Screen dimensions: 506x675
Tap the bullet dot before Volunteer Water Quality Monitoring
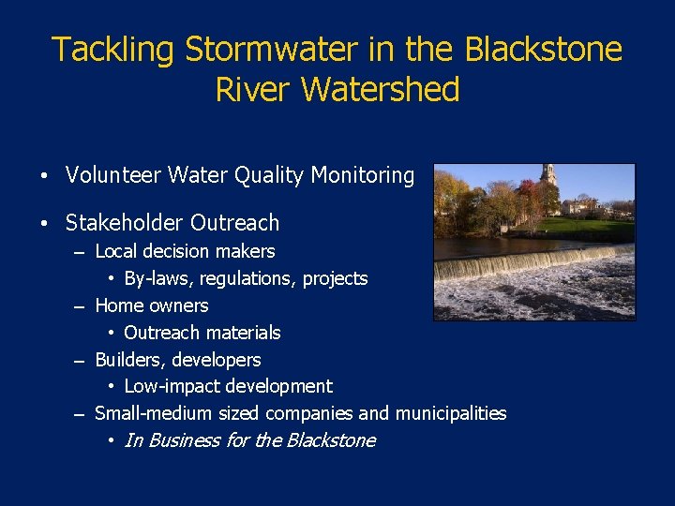(x=45, y=176)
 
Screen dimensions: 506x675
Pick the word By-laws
(x=154, y=278)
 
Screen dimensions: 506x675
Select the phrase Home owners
(x=152, y=305)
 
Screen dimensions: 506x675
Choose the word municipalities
(x=451, y=413)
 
